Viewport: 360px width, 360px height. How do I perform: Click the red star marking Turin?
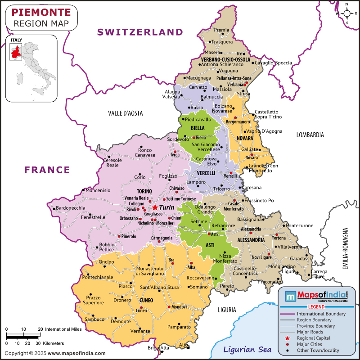pyautogui.click(x=155, y=207)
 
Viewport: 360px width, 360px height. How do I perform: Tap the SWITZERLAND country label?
pyautogui.click(x=140, y=32)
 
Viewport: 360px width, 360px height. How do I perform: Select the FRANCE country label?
pyautogui.click(x=47, y=170)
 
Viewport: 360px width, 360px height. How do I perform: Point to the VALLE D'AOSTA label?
pyautogui.click(x=126, y=113)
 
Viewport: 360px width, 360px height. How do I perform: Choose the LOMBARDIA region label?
pyautogui.click(x=310, y=135)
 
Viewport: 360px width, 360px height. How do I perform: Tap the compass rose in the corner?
pyautogui.click(x=347, y=14)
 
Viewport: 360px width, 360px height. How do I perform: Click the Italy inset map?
pyautogui.click(x=31, y=68)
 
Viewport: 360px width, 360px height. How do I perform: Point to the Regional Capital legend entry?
pyautogui.click(x=313, y=338)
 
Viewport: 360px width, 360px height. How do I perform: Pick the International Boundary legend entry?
pyautogui.click(x=321, y=314)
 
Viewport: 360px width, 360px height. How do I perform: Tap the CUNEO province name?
pyautogui.click(x=146, y=300)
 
